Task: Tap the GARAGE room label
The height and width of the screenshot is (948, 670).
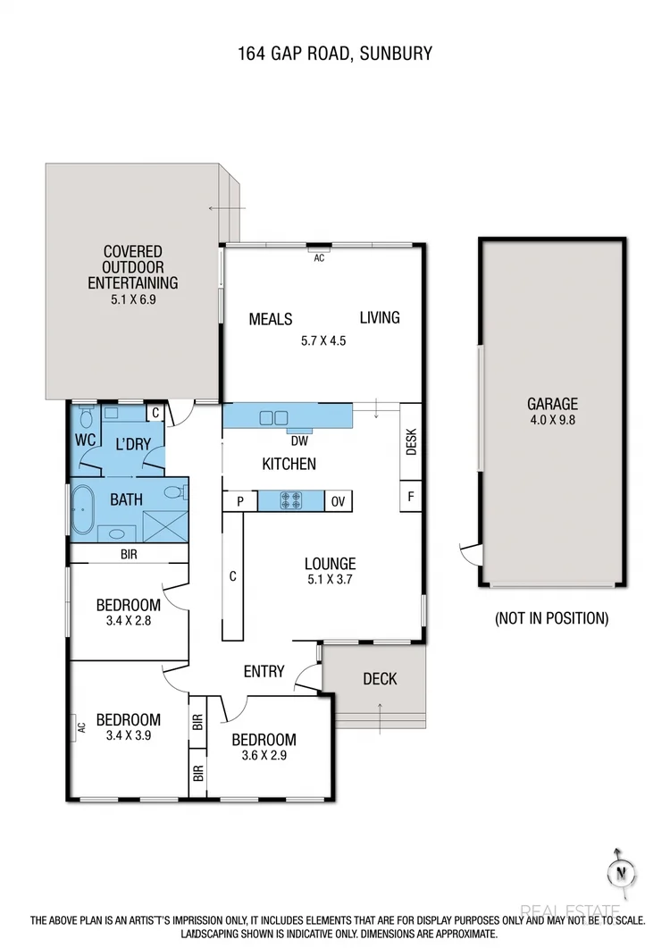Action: click(551, 404)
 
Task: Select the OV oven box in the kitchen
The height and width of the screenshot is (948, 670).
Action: click(339, 501)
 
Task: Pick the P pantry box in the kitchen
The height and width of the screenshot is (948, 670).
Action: click(240, 501)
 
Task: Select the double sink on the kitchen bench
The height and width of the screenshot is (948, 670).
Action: click(274, 417)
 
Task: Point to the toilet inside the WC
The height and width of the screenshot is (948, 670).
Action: click(87, 418)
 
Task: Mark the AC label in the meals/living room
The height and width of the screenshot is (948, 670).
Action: click(319, 257)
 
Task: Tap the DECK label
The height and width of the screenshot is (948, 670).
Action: click(380, 679)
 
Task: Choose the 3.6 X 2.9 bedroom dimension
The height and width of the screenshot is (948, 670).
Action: click(264, 755)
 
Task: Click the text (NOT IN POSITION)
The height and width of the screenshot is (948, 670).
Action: click(551, 617)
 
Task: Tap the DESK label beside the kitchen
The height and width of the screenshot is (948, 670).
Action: click(411, 444)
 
